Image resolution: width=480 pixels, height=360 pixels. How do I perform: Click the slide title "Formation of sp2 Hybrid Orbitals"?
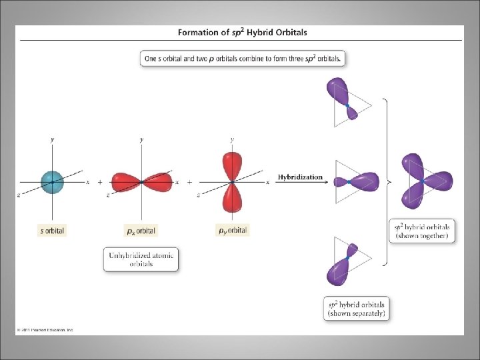[x=243, y=32]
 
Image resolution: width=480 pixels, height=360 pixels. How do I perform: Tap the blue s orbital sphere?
[x=52, y=181]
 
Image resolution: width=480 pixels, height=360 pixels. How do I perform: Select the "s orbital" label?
[x=52, y=231]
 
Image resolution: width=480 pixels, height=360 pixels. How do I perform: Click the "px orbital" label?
[x=141, y=231]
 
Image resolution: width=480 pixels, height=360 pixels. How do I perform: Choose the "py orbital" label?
[x=233, y=230]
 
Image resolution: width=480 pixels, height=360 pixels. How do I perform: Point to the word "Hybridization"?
[x=300, y=177]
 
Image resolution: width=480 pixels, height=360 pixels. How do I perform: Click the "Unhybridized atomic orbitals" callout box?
[x=141, y=259]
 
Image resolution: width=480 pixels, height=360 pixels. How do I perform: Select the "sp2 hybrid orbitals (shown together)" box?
[x=421, y=231]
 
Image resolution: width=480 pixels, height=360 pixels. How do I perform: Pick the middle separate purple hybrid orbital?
[x=360, y=181]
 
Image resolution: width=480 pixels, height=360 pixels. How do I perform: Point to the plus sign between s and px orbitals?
[x=100, y=181]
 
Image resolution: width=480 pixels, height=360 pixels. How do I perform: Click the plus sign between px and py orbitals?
[x=189, y=181]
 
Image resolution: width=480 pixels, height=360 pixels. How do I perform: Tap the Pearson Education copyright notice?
[x=45, y=329]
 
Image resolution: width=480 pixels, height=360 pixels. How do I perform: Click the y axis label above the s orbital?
[x=52, y=139]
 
